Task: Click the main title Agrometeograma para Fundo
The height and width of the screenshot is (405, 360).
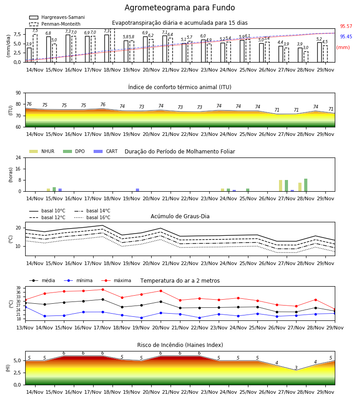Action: click(x=180, y=8)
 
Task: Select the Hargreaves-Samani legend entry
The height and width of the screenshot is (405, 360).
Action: click(x=57, y=17)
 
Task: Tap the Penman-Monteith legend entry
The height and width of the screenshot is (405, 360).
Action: click(x=55, y=24)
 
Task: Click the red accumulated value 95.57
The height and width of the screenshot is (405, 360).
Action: click(x=346, y=27)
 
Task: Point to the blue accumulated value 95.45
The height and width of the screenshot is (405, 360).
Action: click(x=346, y=37)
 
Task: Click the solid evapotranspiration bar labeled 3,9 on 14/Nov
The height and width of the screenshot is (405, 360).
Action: click(x=29, y=55)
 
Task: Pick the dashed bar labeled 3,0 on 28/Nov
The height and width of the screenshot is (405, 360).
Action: click(x=306, y=57)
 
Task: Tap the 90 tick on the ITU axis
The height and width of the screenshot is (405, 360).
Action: click(x=18, y=93)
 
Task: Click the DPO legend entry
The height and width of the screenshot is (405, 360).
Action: click(x=74, y=151)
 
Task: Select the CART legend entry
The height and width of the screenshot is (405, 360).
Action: click(x=105, y=151)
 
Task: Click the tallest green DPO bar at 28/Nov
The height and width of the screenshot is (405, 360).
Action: click(x=306, y=185)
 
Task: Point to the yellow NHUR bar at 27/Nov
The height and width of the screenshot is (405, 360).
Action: click(x=280, y=186)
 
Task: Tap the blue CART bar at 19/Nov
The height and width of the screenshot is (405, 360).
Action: click(x=137, y=190)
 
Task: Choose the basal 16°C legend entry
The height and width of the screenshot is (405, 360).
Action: click(x=92, y=217)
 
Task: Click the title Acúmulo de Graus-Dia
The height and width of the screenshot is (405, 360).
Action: click(x=180, y=216)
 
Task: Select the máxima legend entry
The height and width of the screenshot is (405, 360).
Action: click(x=116, y=280)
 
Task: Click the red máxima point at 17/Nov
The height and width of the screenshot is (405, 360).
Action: click(x=103, y=289)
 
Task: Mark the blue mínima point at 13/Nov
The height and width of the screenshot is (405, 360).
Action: click(x=25, y=307)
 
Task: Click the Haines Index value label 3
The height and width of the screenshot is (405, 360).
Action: click(x=296, y=368)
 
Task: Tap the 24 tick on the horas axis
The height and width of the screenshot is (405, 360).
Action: click(x=18, y=157)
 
